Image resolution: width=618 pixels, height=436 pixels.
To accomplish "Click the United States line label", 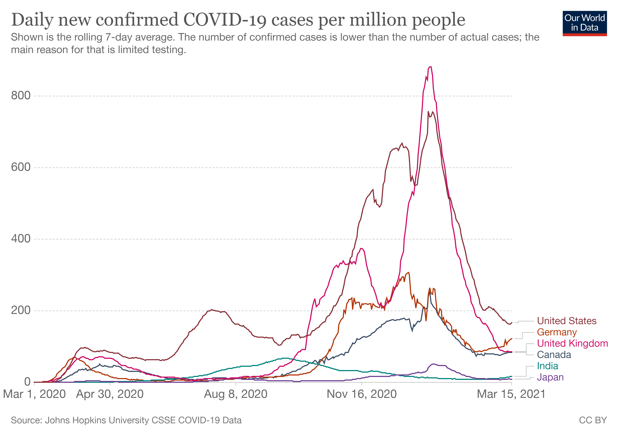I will [x=567, y=321].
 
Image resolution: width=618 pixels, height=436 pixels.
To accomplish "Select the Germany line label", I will [x=557, y=332].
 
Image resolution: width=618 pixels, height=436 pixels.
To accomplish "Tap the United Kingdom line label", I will [x=572, y=344].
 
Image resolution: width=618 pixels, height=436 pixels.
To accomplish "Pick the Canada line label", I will [x=554, y=355].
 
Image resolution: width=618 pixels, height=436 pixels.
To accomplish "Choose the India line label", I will [x=547, y=366].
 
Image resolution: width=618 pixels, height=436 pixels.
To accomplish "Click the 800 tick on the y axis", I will [x=21, y=96].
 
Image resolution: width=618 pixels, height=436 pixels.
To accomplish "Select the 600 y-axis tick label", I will [x=21, y=167].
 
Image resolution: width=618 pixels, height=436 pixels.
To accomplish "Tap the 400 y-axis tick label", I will [x=21, y=239].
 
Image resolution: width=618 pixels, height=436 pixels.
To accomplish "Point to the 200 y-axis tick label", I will [x=21, y=310].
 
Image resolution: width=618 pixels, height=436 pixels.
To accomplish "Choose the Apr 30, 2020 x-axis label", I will [x=110, y=394].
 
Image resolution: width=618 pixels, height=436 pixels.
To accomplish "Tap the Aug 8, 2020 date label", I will [x=236, y=394].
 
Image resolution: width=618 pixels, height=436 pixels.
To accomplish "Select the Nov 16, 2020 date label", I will [x=362, y=394].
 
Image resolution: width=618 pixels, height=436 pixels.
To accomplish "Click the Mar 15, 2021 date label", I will [x=511, y=394].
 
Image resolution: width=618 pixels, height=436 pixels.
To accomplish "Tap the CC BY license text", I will [x=593, y=420].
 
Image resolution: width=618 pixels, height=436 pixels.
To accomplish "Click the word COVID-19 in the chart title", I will [x=225, y=20].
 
